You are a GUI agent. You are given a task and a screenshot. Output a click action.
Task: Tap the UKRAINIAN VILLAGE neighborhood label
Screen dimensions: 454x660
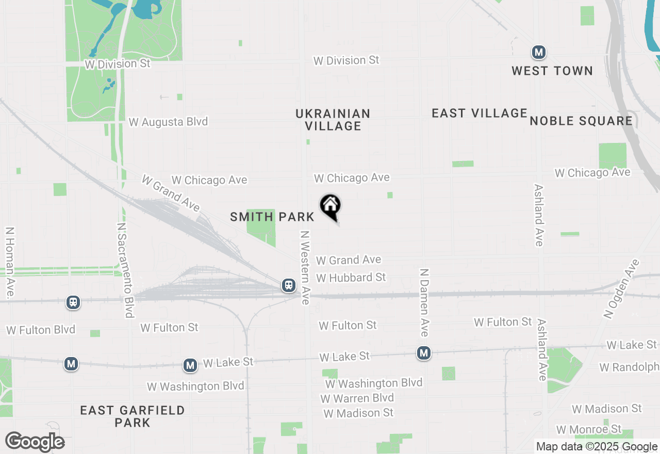coord(333,120)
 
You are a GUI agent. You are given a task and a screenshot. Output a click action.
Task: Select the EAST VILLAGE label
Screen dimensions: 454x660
coord(480,113)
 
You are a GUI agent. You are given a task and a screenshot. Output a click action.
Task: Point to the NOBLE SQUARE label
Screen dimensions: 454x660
coord(581,121)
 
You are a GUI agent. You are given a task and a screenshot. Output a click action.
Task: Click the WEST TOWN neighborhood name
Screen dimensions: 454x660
coord(552,71)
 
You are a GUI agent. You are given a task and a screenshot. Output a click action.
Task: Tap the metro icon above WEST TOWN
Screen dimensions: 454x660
coord(539,52)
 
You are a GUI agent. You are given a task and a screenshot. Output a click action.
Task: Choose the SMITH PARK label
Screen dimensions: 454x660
coord(272,217)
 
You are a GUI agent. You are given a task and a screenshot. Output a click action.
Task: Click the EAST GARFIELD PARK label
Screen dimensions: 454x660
coord(133,416)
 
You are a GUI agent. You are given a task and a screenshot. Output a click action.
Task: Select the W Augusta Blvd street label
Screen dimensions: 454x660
coord(168,122)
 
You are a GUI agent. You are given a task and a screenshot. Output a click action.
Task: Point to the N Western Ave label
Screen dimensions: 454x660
coord(305,267)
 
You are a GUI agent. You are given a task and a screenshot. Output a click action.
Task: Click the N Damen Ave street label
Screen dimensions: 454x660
coord(424,302)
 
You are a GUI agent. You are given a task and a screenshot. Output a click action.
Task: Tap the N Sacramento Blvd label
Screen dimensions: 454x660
coord(125,270)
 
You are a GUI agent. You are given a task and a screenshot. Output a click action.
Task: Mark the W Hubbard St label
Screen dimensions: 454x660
coord(351,278)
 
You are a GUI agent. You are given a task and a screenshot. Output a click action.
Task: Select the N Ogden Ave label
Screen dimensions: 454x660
coord(621,288)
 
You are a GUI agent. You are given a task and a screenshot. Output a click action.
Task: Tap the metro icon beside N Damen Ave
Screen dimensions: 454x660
coord(424,353)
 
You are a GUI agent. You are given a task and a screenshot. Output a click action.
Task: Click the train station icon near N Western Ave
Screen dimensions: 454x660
coord(289,285)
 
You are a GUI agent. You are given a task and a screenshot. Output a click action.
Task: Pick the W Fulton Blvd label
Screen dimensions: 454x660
coord(41,330)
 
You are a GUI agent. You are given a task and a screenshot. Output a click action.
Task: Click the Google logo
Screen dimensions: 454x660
coord(35,442)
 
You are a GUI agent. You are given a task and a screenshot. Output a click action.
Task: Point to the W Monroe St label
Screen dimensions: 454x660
coord(589,430)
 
